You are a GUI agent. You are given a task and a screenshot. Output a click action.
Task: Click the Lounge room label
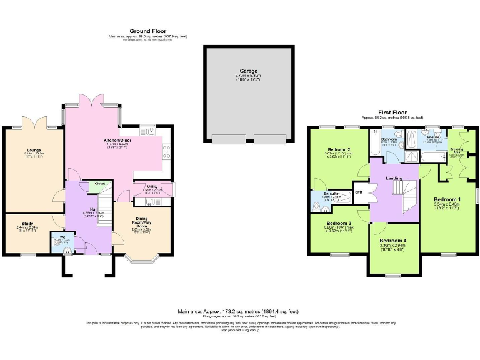point(33,151)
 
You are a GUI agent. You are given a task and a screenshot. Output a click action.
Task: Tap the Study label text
point(27,223)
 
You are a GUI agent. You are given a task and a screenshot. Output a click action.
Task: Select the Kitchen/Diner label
point(116,141)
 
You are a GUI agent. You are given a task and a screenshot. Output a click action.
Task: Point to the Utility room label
point(152,186)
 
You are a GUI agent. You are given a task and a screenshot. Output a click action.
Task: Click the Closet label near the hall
point(100,183)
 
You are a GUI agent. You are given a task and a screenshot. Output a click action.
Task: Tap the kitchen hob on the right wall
point(167,149)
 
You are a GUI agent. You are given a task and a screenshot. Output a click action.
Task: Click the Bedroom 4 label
point(392,241)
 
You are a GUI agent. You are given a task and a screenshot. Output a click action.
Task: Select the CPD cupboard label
point(359,192)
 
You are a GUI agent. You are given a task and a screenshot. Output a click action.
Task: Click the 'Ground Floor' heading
point(147,31)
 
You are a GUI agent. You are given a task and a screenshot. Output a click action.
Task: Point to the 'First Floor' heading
point(392,112)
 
